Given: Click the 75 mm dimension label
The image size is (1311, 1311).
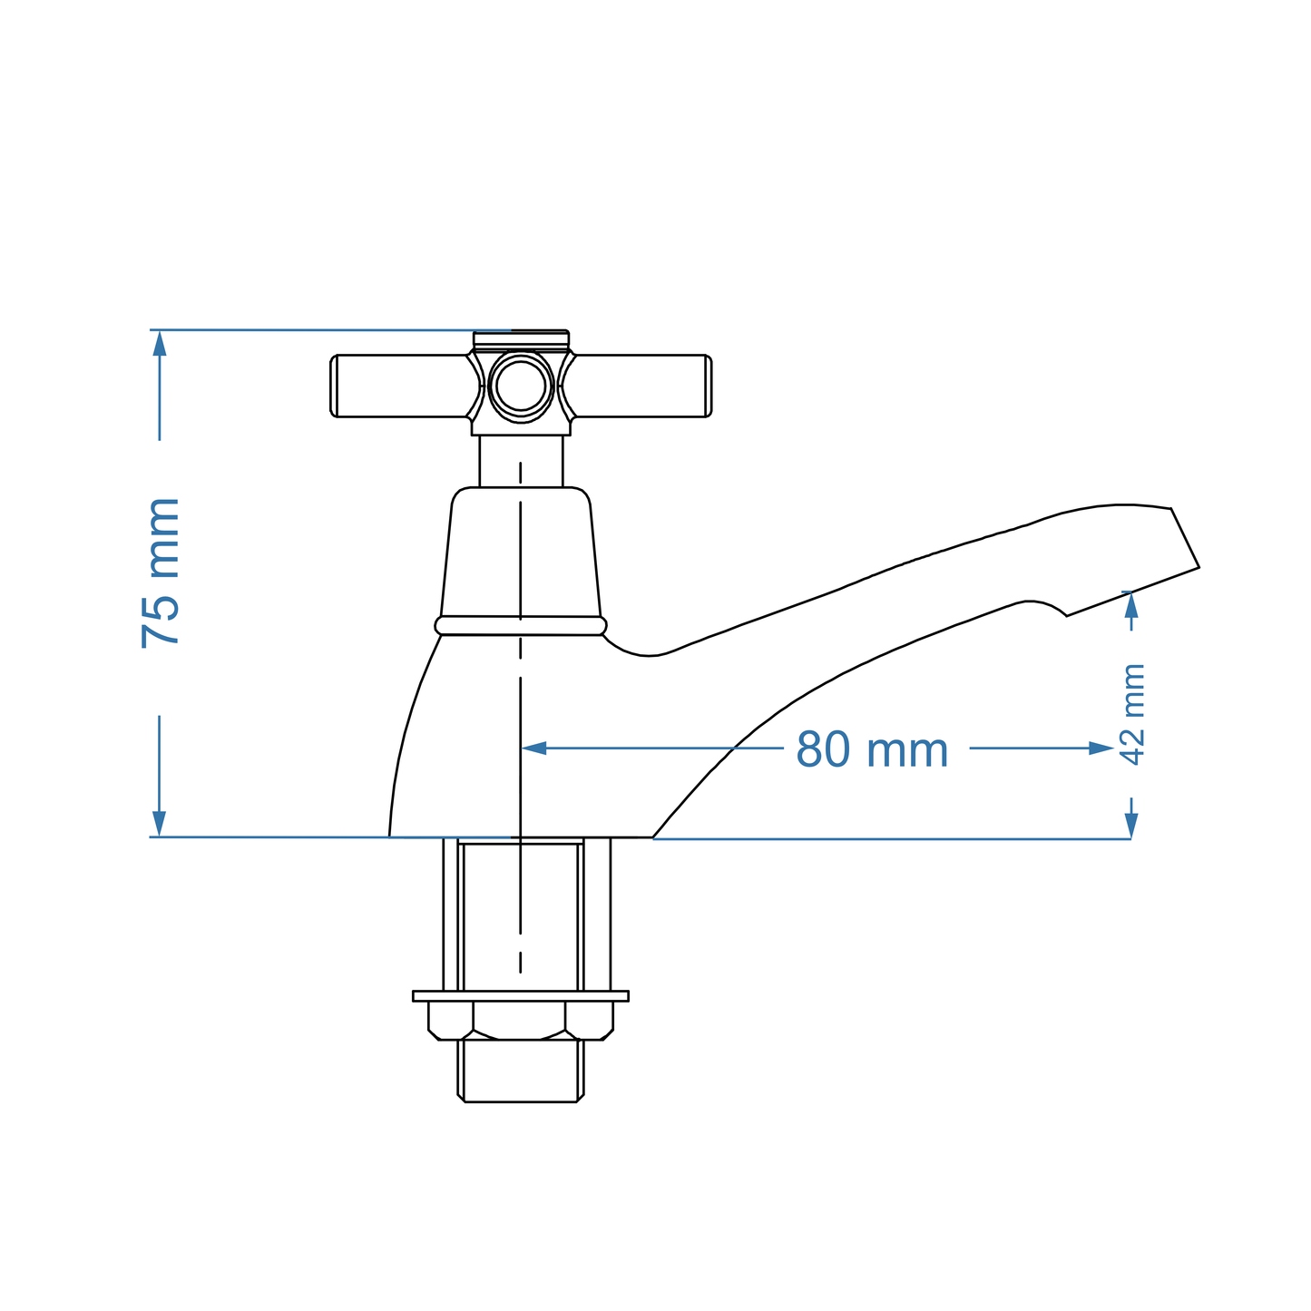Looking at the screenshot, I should click(161, 573).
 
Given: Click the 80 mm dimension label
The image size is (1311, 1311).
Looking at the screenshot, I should click(872, 750).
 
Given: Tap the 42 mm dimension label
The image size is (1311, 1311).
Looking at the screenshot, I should click(1133, 714).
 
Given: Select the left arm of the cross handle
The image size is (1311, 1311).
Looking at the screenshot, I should click(399, 386).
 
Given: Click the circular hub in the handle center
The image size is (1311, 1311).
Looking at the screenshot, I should click(521, 386).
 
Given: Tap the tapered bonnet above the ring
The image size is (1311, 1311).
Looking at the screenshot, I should click(521, 553).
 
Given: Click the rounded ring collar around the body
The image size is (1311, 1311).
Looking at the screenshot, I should click(521, 625).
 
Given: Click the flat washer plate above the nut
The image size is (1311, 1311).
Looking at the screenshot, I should click(521, 995).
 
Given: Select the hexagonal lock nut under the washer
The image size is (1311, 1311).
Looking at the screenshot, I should click(521, 1020).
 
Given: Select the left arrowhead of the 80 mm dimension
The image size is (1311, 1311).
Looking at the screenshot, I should click(534, 748).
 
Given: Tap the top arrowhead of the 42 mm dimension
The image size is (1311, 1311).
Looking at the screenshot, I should click(1130, 603).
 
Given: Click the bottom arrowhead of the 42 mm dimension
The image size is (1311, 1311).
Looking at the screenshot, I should click(1130, 824).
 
